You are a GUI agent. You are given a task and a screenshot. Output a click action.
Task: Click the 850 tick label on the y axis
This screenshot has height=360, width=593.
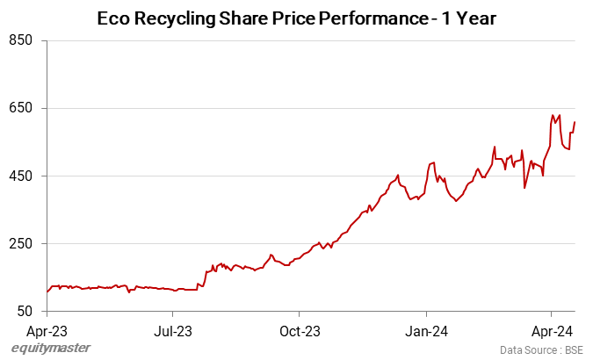coord(22,40)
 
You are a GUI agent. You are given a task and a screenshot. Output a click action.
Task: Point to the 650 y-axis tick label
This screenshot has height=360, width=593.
coord(22,108)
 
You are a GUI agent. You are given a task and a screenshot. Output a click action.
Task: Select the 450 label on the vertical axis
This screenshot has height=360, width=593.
coord(22,176)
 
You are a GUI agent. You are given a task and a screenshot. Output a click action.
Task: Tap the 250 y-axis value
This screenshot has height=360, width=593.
coord(22,243)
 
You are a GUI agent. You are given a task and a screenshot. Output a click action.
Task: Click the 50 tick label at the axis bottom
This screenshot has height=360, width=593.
coord(25,311)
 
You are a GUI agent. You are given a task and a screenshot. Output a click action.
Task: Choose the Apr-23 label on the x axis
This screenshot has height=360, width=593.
coord(47,331)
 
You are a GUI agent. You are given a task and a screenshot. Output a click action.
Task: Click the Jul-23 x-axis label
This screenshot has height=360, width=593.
coord(173,331)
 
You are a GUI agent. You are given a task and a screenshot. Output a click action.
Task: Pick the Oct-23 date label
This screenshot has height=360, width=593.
coord(299,331)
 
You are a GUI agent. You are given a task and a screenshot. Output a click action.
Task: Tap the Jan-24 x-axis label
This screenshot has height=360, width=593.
coord(426,331)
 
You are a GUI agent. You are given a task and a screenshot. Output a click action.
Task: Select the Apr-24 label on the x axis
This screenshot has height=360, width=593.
coord(552,331)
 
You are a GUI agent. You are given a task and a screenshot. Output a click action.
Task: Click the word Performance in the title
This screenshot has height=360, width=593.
coord(363,18)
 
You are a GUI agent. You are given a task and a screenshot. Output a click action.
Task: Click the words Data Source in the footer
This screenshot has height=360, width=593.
coord(523,350)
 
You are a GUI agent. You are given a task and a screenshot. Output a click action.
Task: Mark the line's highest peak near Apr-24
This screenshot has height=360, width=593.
coord(553,115)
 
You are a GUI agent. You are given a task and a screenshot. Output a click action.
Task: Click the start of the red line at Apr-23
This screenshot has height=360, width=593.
coord(47,292)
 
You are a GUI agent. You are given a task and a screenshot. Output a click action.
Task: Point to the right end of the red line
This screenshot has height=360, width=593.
coord(575,122)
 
